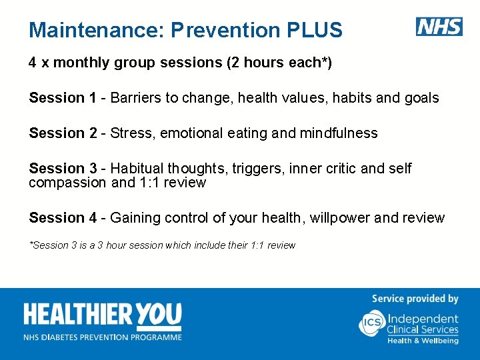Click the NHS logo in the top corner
pos(439,27)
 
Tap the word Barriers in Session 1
pos(136,98)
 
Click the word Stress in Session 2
pos(131,133)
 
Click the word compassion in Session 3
pos(67,183)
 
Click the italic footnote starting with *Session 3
pos(162,245)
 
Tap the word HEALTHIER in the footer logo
pos(79,315)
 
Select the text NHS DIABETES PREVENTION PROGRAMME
pos(103,337)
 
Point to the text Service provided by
pos(415,299)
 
